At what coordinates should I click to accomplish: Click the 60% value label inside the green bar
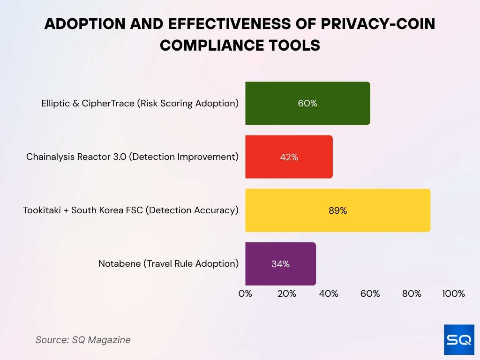coord(307,104)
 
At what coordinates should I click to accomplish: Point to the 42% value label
coord(289,157)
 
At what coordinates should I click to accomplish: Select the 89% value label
coord(337,210)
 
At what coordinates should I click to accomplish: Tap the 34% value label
coord(280,264)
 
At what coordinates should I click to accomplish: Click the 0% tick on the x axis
coord(245,294)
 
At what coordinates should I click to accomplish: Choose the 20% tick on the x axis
coord(286,294)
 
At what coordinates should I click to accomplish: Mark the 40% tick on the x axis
coord(328,294)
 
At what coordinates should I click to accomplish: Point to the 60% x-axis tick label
coord(370,294)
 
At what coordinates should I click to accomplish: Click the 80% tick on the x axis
coord(412,294)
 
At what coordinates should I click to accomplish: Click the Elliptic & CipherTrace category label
coord(140,104)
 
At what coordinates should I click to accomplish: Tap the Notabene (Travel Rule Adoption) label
coord(168,264)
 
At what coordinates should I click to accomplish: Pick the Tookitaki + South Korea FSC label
coord(131,210)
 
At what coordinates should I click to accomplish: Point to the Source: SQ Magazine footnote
coord(83,340)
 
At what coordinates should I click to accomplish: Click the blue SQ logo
coord(458,339)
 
